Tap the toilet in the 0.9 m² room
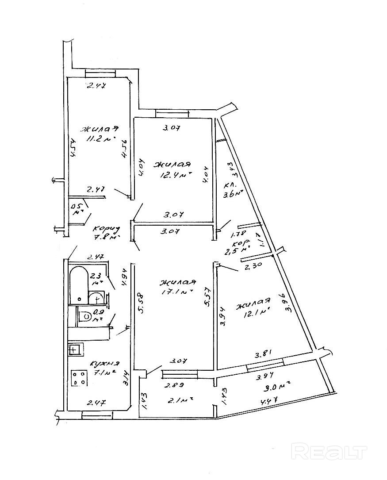pos(86,316)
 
